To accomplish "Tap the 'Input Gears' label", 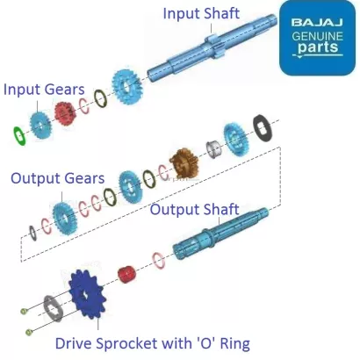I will point(44,90).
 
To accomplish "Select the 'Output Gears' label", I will point(57,178).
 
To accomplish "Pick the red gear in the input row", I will point(63,114).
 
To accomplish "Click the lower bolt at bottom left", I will point(31,330).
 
